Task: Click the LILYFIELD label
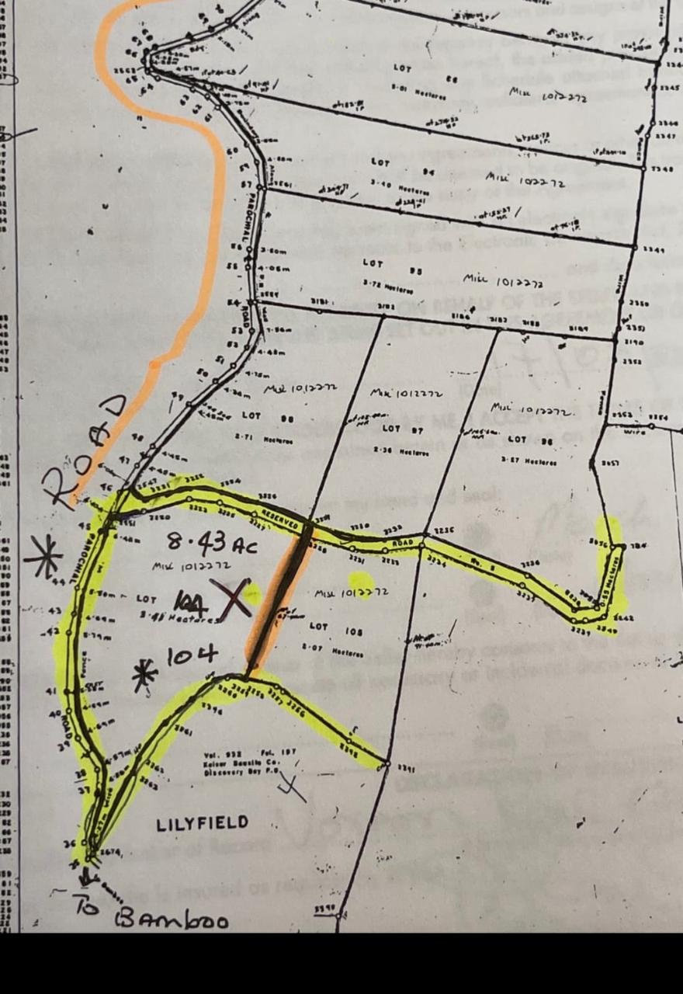point(203,823)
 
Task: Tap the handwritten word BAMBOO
point(172,920)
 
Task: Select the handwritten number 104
point(191,656)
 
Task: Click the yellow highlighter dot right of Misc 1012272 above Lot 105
point(360,581)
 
